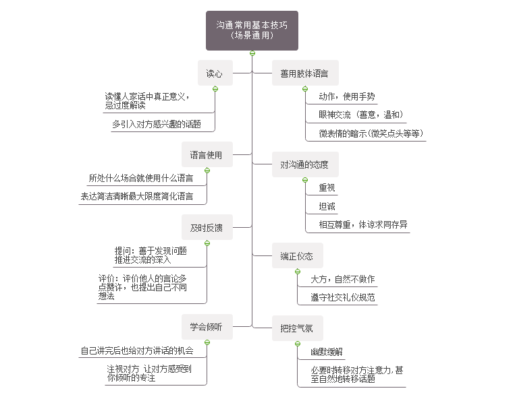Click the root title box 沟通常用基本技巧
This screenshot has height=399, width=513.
pyautogui.click(x=252, y=30)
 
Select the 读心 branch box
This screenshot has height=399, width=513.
pyautogui.click(x=215, y=73)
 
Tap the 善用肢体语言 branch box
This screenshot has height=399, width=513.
pyautogui.click(x=305, y=73)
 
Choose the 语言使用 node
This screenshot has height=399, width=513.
pyautogui.click(x=207, y=155)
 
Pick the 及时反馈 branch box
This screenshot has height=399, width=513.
pyautogui.click(x=207, y=228)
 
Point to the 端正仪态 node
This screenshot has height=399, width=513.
pyautogui.click(x=297, y=255)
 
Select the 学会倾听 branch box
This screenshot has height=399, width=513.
pyautogui.click(x=207, y=327)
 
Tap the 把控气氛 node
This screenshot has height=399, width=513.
pyautogui.click(x=297, y=329)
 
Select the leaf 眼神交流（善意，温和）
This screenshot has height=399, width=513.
pyautogui.click(x=361, y=115)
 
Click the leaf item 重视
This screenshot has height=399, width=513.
pyautogui.click(x=327, y=188)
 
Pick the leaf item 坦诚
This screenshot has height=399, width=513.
pyautogui.click(x=327, y=206)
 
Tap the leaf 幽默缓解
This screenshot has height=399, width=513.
pyautogui.click(x=326, y=352)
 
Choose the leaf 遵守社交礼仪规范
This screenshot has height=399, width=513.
pyautogui.click(x=342, y=297)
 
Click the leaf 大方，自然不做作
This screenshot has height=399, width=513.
pyautogui.click(x=342, y=279)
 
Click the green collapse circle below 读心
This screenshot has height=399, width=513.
pyautogui.click(x=215, y=89)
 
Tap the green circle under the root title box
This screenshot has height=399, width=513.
pyautogui.click(x=252, y=53)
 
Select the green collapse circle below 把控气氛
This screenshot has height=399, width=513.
pyautogui.click(x=297, y=344)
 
